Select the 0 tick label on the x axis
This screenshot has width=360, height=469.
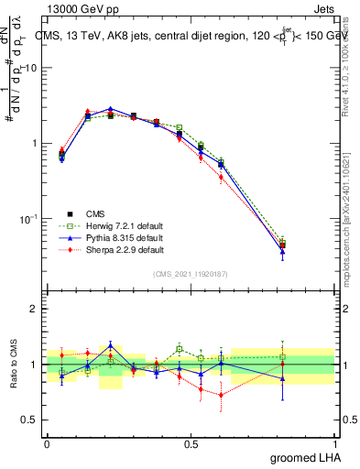click(x=47, y=443)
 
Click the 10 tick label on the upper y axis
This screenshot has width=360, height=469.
click(x=31, y=68)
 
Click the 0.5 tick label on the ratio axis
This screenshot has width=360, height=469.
click(x=29, y=420)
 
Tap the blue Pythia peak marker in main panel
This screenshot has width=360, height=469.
click(x=110, y=108)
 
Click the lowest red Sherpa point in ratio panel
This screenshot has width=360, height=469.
click(x=222, y=396)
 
